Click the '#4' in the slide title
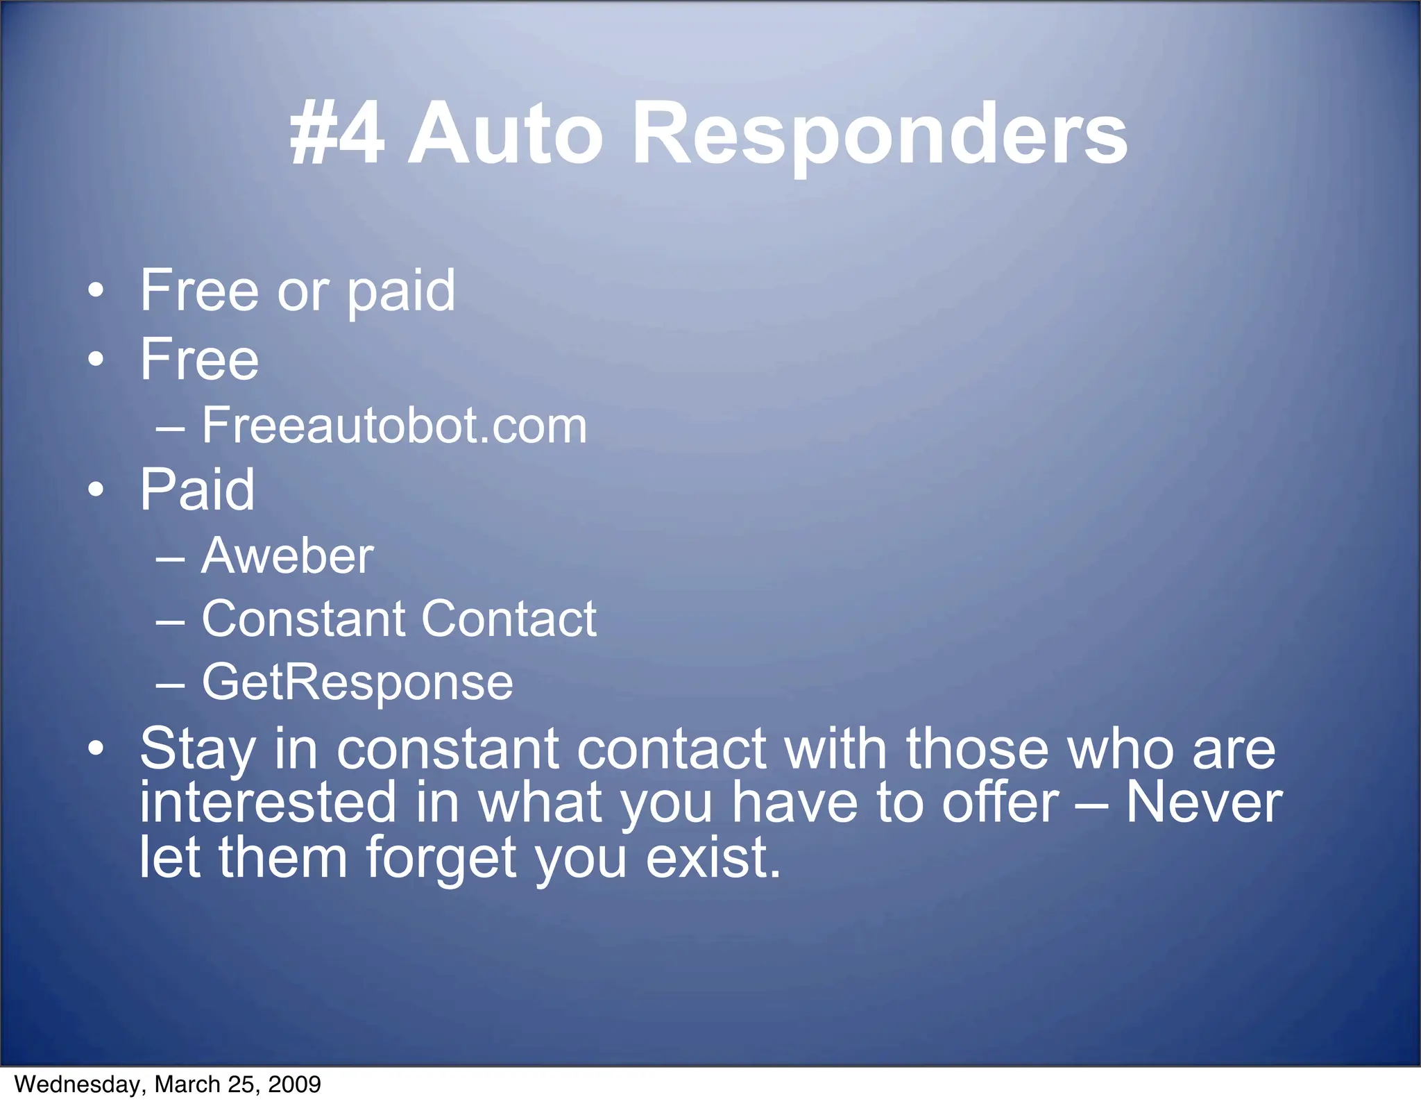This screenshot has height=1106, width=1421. pos(337,133)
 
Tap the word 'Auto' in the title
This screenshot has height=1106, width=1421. pos(504,133)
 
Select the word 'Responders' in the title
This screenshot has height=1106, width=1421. pos(880,133)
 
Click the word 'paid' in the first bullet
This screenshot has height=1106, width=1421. pos(400,291)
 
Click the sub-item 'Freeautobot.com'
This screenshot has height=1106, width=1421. pos(394,425)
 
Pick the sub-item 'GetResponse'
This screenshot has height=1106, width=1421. pos(357,682)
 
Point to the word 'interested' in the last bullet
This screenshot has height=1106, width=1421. pos(268,803)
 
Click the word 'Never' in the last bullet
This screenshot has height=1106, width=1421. pos(1203,803)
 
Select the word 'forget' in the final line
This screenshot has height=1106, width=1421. pos(441,858)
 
